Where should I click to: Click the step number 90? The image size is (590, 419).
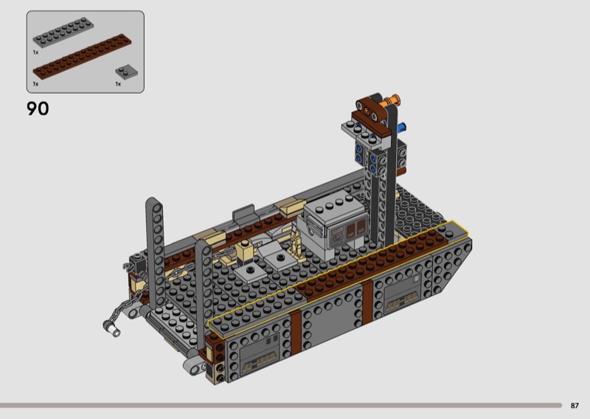click(38, 108)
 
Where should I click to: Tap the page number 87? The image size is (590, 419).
click(575, 406)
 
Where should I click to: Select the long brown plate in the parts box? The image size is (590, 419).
click(83, 56)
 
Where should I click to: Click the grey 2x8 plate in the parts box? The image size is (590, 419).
click(63, 32)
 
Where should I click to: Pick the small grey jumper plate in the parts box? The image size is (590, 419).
click(126, 72)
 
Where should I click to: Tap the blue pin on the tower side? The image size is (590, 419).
click(401, 127)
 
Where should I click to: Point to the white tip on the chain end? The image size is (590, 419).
click(114, 331)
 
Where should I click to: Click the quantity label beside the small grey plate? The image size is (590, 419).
click(118, 84)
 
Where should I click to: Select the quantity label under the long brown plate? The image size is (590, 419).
click(35, 84)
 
